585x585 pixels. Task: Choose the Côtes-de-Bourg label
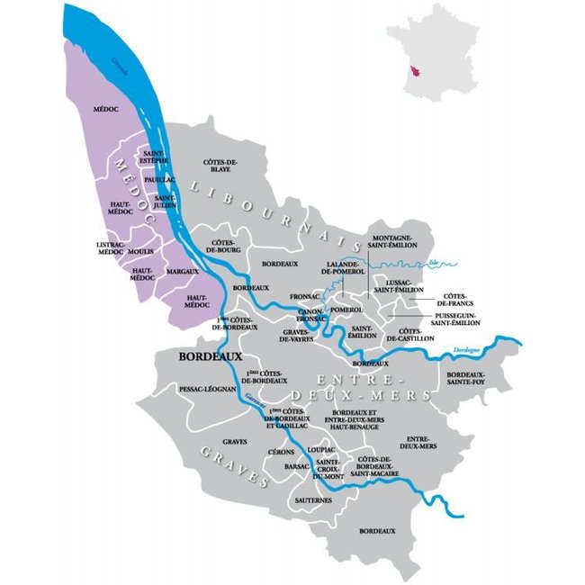tap(222, 247)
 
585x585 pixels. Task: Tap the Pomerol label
tap(346, 309)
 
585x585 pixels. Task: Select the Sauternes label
tap(313, 499)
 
